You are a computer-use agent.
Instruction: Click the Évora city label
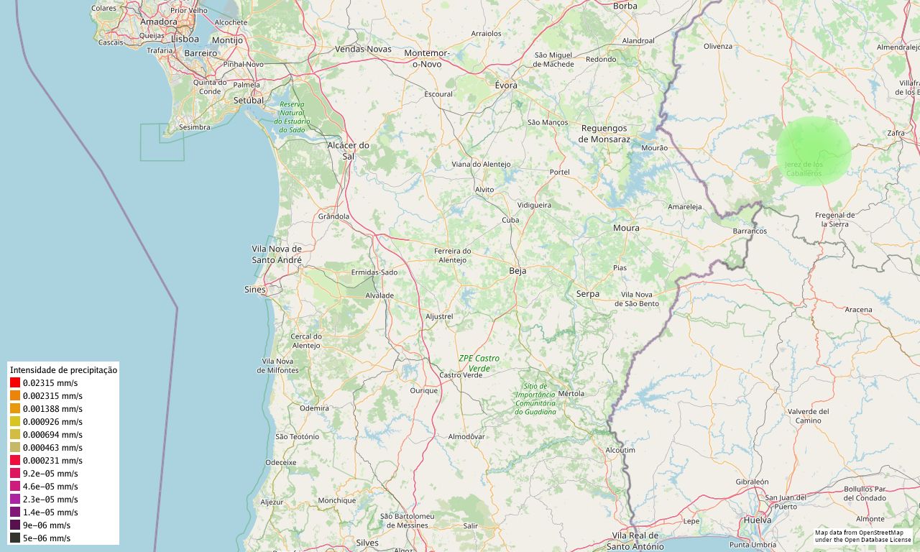[506, 85]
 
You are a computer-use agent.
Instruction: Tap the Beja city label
[517, 271]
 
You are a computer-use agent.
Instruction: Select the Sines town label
[254, 290]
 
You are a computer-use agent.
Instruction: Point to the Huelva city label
[758, 520]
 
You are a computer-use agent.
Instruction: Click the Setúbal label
[249, 100]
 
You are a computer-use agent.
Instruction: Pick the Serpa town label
[587, 293]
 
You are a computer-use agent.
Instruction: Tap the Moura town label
[625, 228]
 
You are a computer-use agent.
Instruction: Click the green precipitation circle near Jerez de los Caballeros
[813, 152]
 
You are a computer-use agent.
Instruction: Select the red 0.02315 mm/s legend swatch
[15, 383]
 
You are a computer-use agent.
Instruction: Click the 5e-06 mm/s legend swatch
[15, 538]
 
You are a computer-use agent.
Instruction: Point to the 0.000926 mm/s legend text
[52, 422]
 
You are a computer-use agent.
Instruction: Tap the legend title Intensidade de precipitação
[63, 369]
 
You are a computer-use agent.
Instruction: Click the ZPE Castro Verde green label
[479, 363]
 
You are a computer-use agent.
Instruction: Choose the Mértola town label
[571, 393]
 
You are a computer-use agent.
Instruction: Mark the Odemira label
[314, 408]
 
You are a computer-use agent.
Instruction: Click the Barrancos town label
[750, 231]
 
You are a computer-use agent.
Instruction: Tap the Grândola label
[333, 216]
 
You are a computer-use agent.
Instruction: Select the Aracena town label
[858, 310]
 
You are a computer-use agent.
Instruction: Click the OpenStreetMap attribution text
[862, 536]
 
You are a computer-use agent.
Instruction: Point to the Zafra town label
[896, 133]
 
